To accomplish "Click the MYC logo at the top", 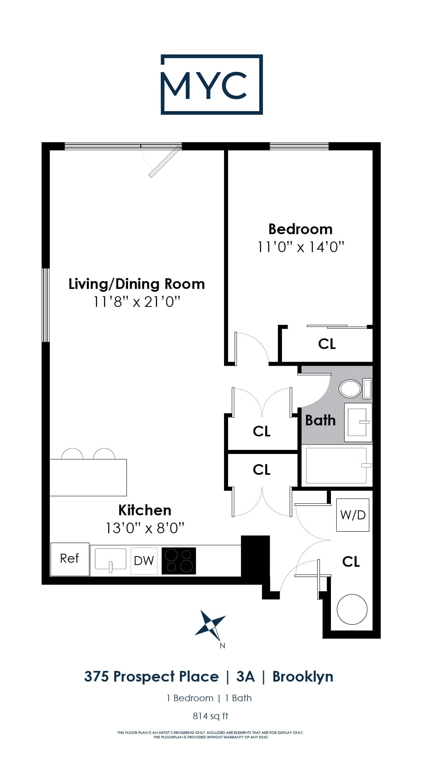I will (211, 85).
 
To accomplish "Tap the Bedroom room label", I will (300, 229).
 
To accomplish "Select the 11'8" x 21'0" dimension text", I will (137, 302).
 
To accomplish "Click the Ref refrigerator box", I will (69, 559).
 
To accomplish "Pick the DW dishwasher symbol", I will (144, 561).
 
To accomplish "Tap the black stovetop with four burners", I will (179, 561).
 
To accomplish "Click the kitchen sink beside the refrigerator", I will (110, 559).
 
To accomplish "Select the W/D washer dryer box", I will (353, 515).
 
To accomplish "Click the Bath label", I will (320, 420).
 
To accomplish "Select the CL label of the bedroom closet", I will (327, 344).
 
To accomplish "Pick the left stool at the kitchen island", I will (72, 454).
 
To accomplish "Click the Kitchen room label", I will (144, 510).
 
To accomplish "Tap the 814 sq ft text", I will (210, 716).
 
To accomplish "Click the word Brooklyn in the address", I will (302, 677).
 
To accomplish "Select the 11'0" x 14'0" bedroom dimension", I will (301, 247).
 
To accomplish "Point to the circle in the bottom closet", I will (352, 609).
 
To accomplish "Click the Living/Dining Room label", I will (137, 284).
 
